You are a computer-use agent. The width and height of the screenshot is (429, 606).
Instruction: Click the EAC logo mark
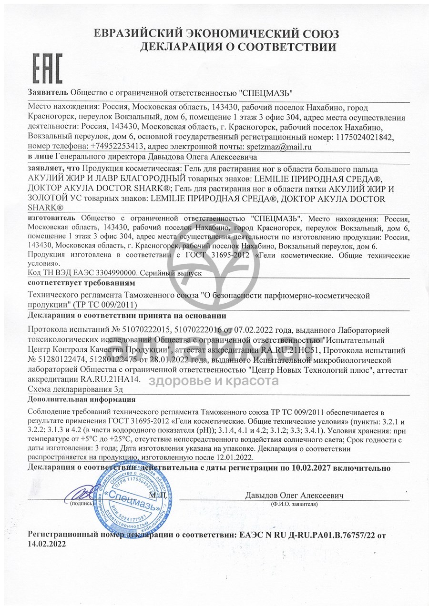coord(48,69)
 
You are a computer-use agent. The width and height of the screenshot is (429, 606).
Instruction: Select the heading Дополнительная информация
coord(81,399)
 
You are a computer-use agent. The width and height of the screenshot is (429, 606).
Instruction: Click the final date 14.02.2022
coord(47,543)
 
